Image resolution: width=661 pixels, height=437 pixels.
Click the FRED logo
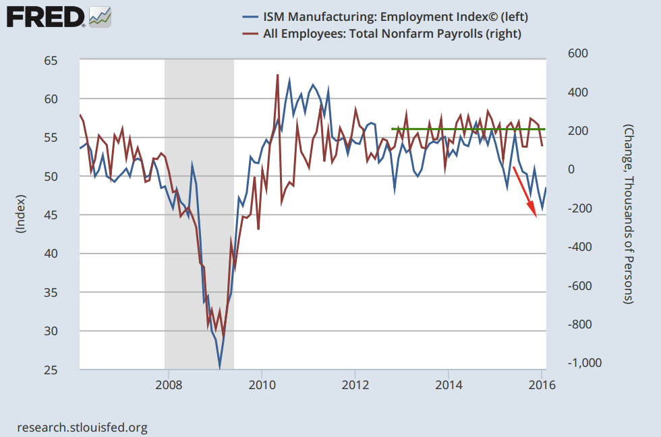click(x=46, y=16)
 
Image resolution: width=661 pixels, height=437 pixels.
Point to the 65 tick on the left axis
click(x=51, y=61)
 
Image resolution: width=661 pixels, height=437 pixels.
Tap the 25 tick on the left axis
click(x=51, y=370)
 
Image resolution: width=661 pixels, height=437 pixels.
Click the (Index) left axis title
click(x=20, y=214)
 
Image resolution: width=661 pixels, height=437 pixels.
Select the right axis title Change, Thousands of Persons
click(x=628, y=214)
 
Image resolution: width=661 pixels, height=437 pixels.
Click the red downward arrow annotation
click(x=525, y=192)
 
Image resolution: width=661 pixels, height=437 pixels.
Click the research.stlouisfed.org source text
click(x=82, y=427)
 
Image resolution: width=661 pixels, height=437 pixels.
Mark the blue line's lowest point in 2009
click(x=219, y=368)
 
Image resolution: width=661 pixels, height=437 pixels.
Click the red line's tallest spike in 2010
click(x=278, y=75)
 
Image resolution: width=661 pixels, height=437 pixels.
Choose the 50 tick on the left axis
click(x=51, y=177)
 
